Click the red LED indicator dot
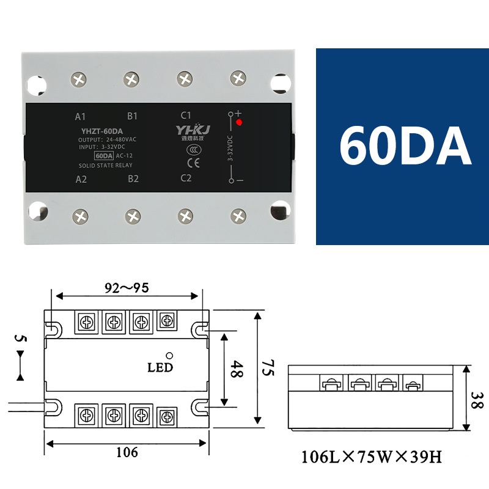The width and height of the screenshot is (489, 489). point(239,123)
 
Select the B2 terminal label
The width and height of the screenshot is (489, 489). point(133,179)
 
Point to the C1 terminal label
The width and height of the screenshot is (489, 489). point(186,115)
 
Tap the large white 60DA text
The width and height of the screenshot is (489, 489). point(405,147)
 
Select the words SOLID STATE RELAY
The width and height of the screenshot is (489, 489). point(106,166)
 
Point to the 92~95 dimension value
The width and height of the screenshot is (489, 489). point(126,287)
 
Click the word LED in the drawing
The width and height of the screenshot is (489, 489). point(160,367)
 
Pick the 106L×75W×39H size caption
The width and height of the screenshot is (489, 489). point(370,457)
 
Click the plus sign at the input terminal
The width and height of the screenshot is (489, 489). point(239,113)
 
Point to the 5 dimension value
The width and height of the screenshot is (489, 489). point(20,337)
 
